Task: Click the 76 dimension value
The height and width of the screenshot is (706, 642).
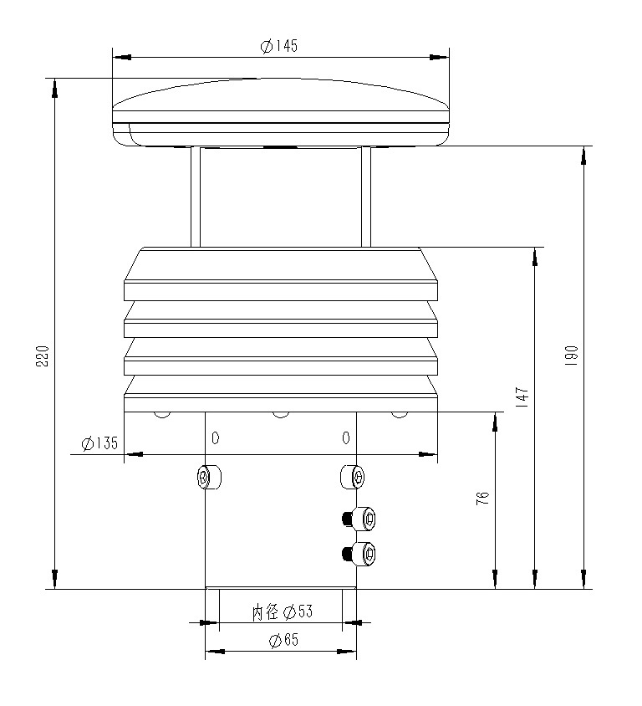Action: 482,499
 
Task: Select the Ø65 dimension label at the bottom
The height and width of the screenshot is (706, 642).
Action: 283,641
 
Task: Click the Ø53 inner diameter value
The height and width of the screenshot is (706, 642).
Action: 298,612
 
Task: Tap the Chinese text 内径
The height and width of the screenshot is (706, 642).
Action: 266,612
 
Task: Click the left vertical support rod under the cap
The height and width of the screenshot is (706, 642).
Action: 196,197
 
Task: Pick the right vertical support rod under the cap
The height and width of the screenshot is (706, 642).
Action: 365,197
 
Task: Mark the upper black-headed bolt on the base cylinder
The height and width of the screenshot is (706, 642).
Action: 359,519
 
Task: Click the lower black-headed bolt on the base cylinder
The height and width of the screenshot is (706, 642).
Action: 359,553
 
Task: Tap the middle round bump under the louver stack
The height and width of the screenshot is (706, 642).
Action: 281,414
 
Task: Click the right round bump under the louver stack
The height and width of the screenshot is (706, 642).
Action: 400,414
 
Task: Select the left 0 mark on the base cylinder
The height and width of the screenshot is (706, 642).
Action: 216,437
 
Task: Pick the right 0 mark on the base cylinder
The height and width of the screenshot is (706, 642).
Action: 345,437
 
